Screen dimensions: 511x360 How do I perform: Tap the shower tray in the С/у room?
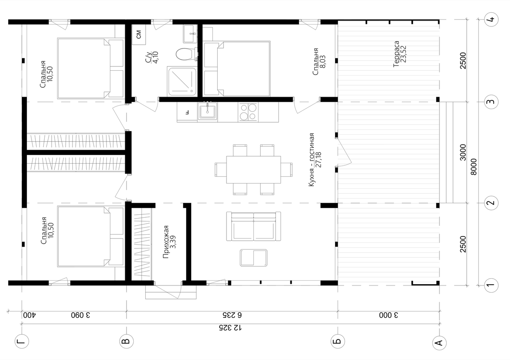click(182, 81)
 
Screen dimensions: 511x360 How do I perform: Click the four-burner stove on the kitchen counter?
click(248, 112)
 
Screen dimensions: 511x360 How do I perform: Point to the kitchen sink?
click(207, 111)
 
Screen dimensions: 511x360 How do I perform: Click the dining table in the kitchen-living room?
click(253, 170)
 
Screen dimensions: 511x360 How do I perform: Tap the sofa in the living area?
click(253, 226)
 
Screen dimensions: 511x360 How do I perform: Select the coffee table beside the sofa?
click(253, 258)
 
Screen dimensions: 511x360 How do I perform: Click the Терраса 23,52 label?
click(400, 54)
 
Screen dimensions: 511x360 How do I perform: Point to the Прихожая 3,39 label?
click(169, 242)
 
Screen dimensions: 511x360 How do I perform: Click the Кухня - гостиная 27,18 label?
click(315, 160)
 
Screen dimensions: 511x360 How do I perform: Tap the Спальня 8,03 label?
click(319, 61)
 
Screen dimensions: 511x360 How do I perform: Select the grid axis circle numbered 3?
click(491, 102)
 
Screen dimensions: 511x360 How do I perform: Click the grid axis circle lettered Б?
click(338, 341)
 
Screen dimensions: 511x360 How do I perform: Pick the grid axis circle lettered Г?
click(22, 341)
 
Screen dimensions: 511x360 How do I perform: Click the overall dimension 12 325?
click(230, 328)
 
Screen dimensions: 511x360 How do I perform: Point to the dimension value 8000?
click(474, 167)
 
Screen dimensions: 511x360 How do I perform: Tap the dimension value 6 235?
click(232, 315)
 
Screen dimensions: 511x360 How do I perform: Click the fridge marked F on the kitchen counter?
click(187, 112)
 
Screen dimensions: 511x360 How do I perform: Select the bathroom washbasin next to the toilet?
click(190, 34)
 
